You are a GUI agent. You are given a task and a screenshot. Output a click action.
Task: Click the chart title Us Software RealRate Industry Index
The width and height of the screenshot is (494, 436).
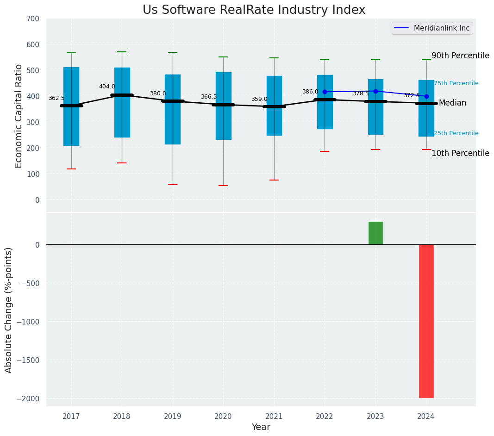coord(254,10)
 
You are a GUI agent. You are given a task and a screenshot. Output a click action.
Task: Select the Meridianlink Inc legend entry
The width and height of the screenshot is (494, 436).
coord(441,28)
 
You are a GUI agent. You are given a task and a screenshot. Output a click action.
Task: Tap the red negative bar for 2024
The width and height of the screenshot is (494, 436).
coord(426,321)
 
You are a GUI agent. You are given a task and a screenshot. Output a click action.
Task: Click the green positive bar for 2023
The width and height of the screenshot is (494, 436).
coord(375,233)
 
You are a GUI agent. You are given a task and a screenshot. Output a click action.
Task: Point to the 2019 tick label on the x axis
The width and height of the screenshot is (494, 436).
coord(173,417)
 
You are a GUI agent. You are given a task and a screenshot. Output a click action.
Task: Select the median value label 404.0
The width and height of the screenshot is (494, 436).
coord(107,87)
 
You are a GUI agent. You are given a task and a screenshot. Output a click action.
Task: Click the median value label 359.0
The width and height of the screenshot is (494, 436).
coord(259,99)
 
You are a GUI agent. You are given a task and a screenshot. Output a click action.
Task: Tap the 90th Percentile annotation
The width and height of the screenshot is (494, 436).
coord(460,56)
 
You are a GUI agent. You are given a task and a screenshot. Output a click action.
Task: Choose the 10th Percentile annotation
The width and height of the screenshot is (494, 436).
coord(460,153)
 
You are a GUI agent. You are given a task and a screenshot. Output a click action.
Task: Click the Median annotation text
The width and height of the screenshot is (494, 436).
coord(452,103)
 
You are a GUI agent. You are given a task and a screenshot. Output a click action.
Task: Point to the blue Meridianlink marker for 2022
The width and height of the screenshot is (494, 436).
coord(325,92)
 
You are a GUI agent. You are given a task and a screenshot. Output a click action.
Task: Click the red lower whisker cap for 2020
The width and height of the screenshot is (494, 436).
coord(223,186)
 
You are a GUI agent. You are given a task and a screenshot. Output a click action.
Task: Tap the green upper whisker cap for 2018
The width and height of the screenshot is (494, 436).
coord(122,52)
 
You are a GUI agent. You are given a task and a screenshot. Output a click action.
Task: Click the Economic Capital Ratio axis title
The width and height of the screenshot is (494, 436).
coord(19,116)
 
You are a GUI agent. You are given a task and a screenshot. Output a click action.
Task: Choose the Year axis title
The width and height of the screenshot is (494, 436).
coord(261,427)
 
